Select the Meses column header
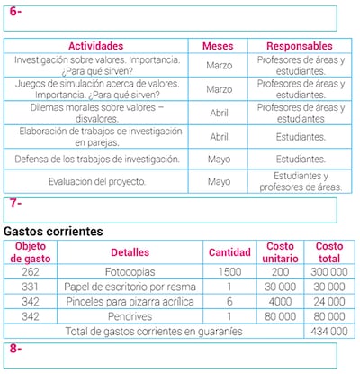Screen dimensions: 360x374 tap(219, 46)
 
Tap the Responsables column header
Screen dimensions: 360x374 tap(301, 46)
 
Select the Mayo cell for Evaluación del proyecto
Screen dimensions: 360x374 tap(219, 181)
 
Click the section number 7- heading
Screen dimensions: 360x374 tap(15, 204)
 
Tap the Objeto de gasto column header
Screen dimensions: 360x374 tap(31, 252)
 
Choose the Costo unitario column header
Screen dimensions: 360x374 tap(281, 252)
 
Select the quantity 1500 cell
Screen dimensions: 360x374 tap(229, 271)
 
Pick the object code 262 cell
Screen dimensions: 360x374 tap(31, 271)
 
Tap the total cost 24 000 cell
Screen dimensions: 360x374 tap(329, 302)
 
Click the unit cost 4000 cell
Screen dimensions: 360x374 tap(281, 302)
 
